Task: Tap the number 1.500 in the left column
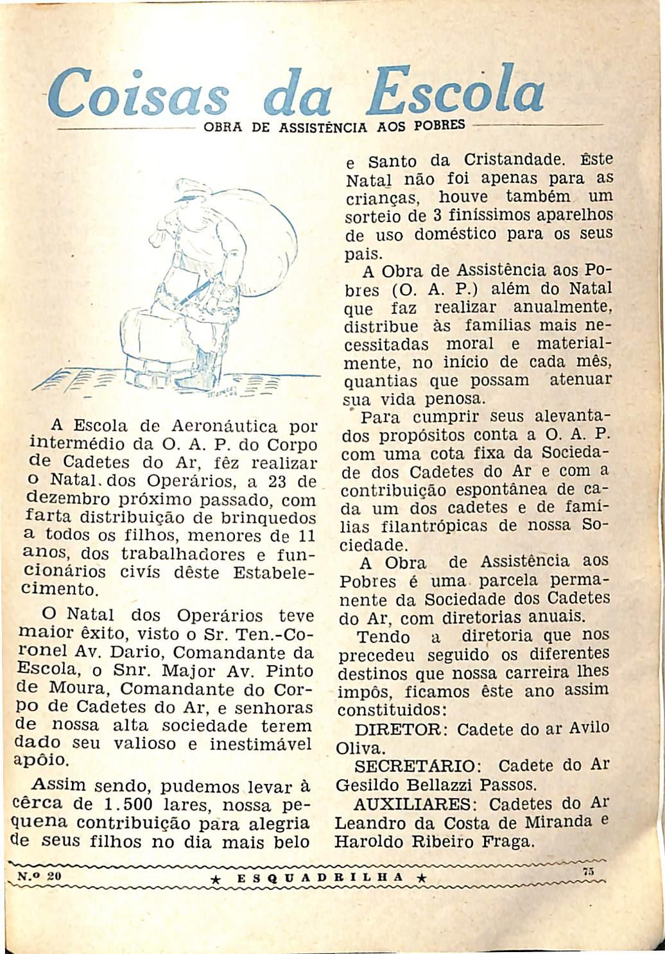[128, 804]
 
